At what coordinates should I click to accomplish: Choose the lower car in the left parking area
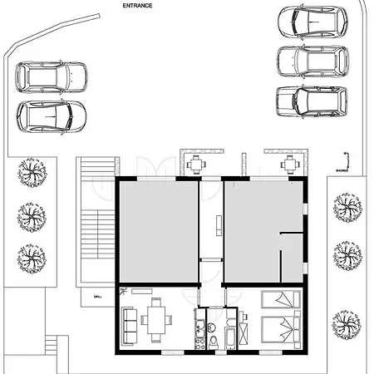[x=52, y=116]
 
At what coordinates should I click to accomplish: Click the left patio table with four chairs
[x=194, y=164]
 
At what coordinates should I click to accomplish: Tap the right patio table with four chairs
[x=288, y=164]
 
